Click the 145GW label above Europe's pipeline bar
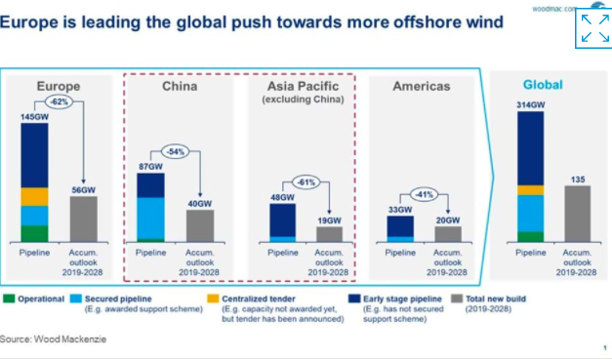click(x=33, y=116)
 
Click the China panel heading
click(x=179, y=87)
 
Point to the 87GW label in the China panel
click(x=150, y=167)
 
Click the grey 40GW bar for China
click(x=200, y=225)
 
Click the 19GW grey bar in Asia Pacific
click(x=330, y=234)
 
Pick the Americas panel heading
click(x=421, y=87)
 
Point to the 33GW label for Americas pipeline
click(x=400, y=209)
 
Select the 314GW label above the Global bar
click(x=530, y=104)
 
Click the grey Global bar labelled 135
click(x=578, y=214)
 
